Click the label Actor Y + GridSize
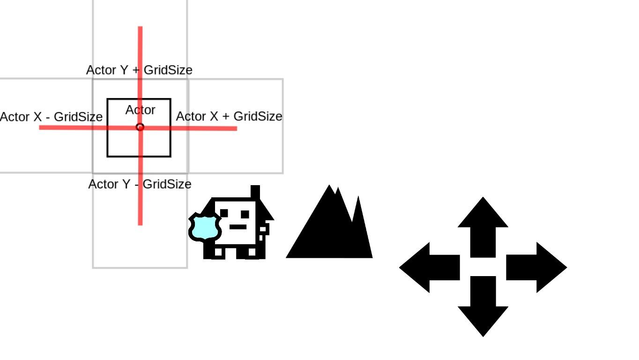139,70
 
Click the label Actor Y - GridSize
140,184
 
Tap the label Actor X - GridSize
51,117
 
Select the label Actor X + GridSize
229,116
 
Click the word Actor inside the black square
140,110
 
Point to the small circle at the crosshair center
140,127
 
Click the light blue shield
205,227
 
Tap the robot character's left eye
224,213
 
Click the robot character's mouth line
238,227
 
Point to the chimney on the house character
255,193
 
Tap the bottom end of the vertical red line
140,224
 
